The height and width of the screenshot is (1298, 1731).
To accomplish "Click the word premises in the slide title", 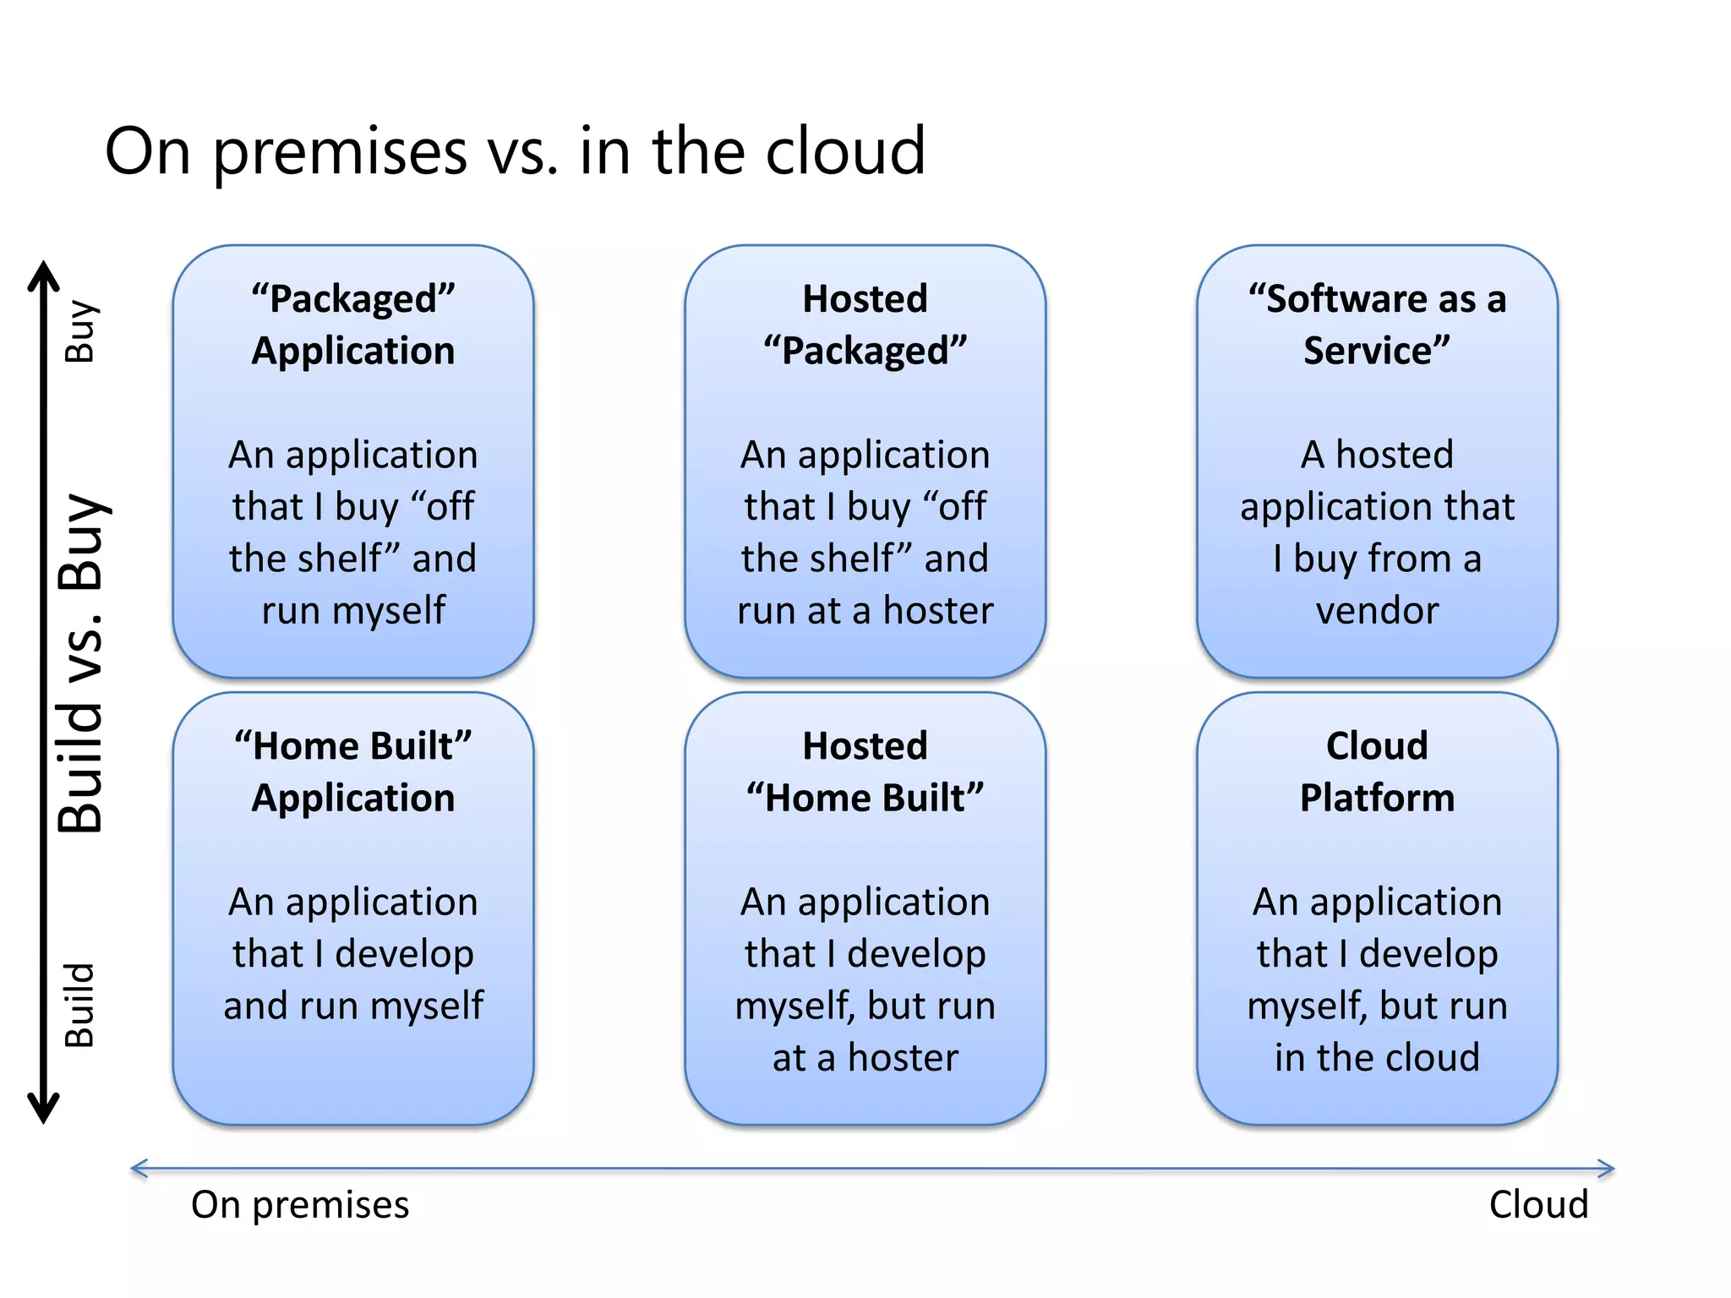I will point(340,153).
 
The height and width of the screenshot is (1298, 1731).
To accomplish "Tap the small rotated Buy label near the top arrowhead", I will point(81,330).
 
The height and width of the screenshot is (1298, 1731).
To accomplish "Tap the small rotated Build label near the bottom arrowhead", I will point(81,1005).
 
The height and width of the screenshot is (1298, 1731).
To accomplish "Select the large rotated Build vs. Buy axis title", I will point(81,664).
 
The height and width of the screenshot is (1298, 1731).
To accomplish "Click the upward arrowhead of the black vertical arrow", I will point(43,274).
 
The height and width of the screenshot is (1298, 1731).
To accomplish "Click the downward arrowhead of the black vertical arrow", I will point(43,1110).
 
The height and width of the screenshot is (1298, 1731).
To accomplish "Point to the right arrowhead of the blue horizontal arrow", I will point(1605,1169).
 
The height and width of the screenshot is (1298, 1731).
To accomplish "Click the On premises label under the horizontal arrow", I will point(300,1205).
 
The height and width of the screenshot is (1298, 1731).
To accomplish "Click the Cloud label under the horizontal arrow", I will point(1538,1205).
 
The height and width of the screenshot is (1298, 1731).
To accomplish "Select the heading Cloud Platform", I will point(1377,772).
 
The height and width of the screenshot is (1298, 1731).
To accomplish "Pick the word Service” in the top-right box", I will point(1377,351).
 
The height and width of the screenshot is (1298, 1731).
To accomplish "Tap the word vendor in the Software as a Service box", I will point(1377,610).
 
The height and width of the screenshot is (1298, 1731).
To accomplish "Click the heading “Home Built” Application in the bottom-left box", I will point(353,772).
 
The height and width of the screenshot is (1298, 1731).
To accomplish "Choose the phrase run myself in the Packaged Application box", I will point(353,610).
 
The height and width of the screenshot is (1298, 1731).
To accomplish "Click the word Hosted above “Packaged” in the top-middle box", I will point(865,298).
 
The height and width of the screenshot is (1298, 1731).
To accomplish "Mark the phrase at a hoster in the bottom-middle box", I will point(865,1057).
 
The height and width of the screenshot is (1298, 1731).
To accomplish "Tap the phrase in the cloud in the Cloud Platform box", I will point(1377,1057).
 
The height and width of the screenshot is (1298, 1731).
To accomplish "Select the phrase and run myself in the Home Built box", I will point(353,1006).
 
